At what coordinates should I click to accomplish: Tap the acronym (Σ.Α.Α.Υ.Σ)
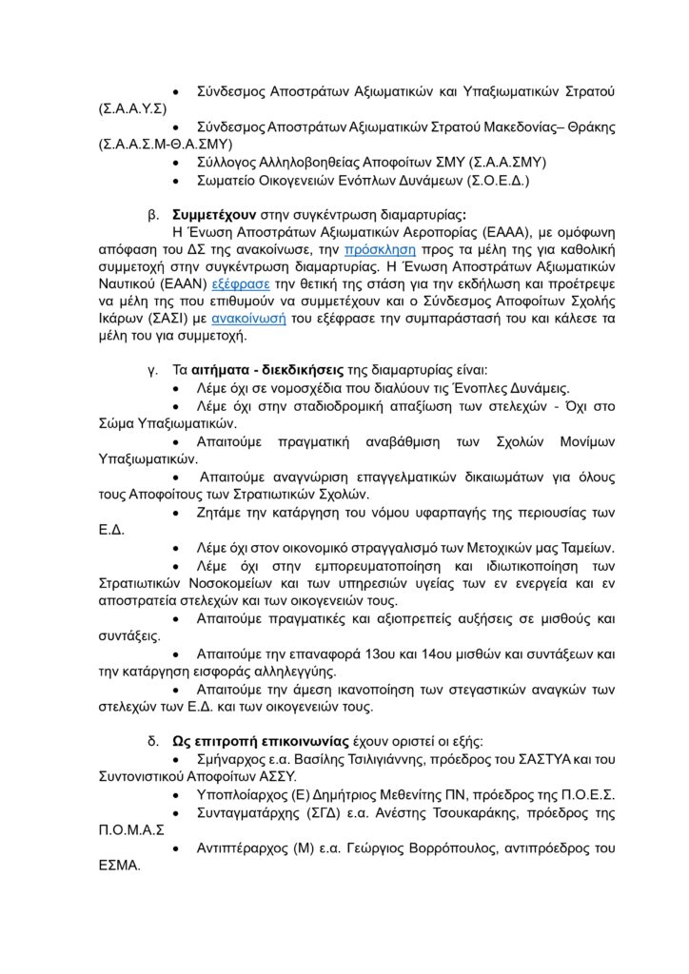point(133,110)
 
